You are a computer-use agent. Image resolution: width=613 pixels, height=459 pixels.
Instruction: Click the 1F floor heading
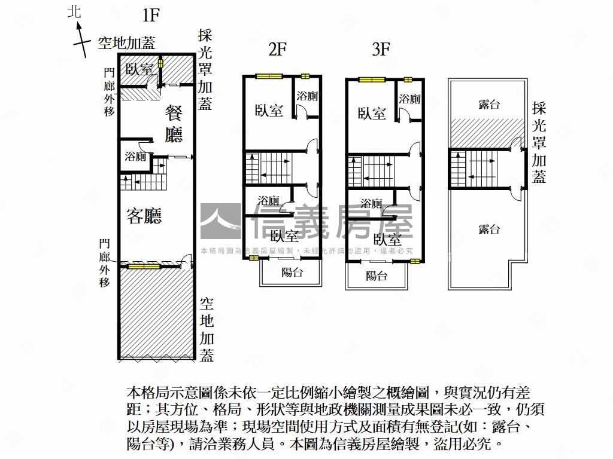151,14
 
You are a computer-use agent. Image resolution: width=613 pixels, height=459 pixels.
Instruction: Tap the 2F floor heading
277,50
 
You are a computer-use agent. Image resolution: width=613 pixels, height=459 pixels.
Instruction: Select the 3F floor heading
381,50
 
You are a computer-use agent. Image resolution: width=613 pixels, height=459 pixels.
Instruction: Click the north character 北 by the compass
75,12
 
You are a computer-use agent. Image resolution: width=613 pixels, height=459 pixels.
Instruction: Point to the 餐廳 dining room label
174,124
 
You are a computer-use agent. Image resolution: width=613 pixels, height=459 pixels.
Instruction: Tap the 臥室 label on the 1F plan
140,69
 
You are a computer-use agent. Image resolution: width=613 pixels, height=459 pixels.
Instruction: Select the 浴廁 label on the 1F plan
135,157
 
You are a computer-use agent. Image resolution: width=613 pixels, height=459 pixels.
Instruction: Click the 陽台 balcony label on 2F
292,273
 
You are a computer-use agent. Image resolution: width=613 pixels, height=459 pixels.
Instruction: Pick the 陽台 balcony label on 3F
377,276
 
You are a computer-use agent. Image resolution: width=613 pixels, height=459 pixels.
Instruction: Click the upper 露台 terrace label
489,105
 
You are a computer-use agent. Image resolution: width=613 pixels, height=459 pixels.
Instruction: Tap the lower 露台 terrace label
489,229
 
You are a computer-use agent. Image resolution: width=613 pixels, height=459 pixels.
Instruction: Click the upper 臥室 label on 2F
269,111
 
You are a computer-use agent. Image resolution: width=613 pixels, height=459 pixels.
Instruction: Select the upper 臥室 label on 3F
372,113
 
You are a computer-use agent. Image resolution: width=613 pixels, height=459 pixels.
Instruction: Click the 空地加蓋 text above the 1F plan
126,42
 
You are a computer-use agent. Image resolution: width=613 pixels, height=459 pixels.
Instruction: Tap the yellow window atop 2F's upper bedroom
269,76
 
